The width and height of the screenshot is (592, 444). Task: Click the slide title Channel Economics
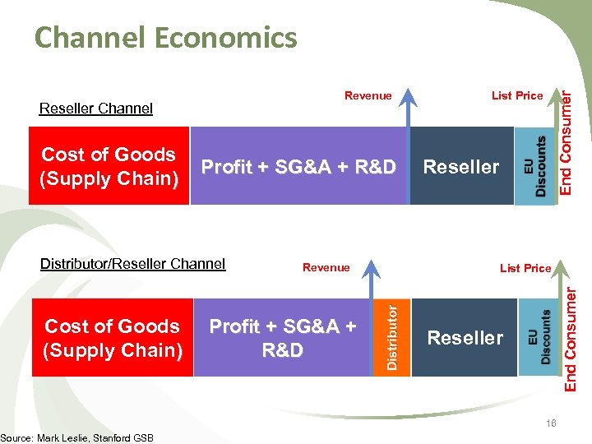tap(165, 38)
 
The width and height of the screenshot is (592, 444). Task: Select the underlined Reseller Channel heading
tap(96, 109)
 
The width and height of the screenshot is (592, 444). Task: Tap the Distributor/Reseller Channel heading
tap(132, 264)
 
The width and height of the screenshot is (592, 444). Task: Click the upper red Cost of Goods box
tap(109, 166)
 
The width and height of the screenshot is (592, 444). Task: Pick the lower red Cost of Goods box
tap(112, 338)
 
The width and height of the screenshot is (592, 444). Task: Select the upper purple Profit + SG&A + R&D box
tap(298, 167)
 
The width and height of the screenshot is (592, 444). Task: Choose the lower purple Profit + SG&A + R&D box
tap(282, 338)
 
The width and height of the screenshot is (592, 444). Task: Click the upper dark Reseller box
tap(460, 167)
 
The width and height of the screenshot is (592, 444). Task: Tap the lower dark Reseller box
tap(465, 338)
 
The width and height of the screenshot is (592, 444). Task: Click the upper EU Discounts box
tap(534, 166)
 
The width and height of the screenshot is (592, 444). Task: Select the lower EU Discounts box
tap(540, 337)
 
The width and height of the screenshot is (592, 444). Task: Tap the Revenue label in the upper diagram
tap(368, 96)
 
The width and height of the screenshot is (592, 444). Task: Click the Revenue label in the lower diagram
tap(326, 267)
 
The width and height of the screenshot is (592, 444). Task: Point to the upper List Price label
tap(517, 96)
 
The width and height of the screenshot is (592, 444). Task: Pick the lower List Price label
tap(525, 267)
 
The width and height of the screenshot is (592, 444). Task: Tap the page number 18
tap(550, 423)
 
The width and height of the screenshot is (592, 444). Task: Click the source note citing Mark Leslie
tap(76, 437)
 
